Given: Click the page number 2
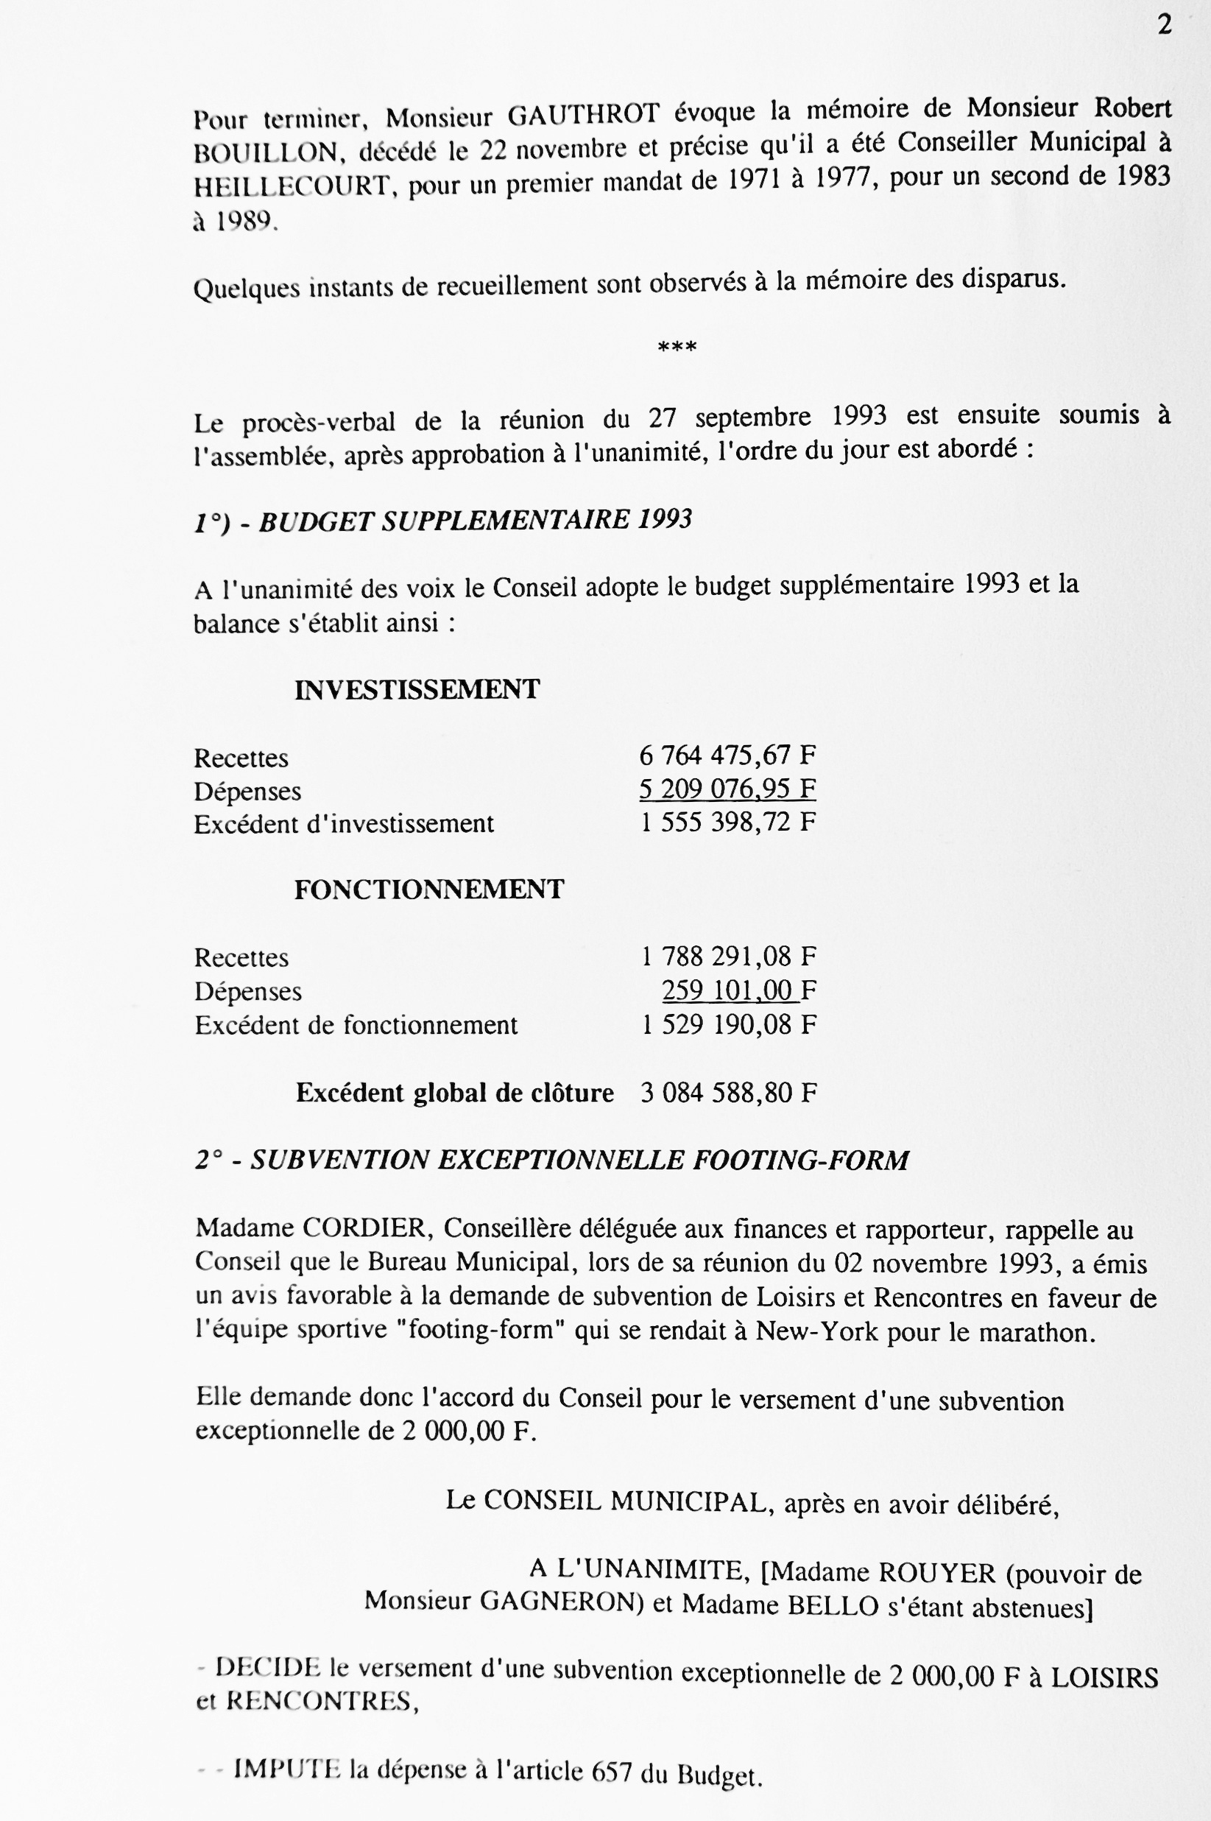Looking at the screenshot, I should (x=1165, y=26).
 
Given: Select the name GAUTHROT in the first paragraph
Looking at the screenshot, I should (x=583, y=115).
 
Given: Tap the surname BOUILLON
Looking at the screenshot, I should (x=266, y=153).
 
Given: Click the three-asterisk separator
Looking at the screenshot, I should (x=677, y=348).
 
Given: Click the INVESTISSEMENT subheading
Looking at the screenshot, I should (x=417, y=689).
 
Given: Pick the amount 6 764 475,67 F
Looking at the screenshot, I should (x=727, y=754).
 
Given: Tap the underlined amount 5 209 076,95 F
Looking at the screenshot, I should (x=727, y=789).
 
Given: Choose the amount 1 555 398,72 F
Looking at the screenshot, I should (x=727, y=823).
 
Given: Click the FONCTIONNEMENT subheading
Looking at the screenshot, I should (x=428, y=890).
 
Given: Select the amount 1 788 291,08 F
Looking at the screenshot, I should (x=728, y=957).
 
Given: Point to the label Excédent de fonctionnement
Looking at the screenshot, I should (x=356, y=1025).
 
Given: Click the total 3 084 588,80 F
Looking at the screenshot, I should (x=728, y=1093).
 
